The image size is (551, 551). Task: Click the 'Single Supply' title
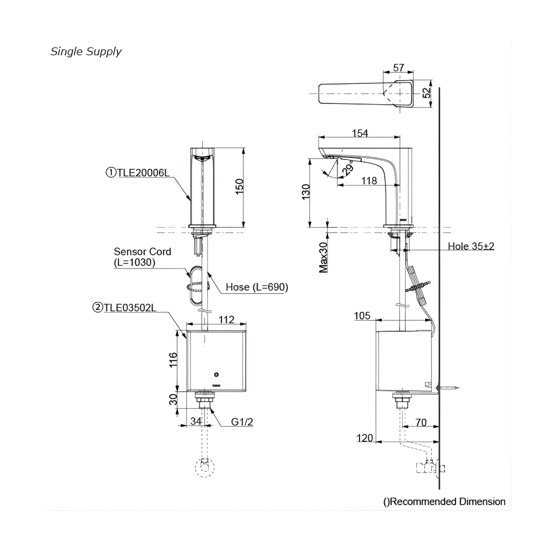click(86, 52)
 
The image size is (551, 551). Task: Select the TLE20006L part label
click(138, 173)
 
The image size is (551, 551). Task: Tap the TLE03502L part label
click(125, 308)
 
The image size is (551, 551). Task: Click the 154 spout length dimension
click(360, 133)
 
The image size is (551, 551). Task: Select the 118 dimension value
click(369, 181)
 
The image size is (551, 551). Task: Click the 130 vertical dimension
click(306, 192)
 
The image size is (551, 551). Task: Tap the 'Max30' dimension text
click(323, 257)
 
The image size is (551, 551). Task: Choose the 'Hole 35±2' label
click(471, 246)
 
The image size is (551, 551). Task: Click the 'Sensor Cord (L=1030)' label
click(142, 257)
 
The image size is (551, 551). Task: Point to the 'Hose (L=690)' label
click(257, 287)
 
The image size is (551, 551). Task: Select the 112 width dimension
click(227, 319)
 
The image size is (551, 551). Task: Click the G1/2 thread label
click(242, 422)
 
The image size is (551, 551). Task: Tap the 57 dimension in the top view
click(398, 68)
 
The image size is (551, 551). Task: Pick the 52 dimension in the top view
click(427, 93)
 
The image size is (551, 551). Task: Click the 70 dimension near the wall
click(421, 422)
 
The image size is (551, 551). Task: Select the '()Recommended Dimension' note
click(444, 502)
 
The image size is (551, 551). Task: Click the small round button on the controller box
click(217, 374)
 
